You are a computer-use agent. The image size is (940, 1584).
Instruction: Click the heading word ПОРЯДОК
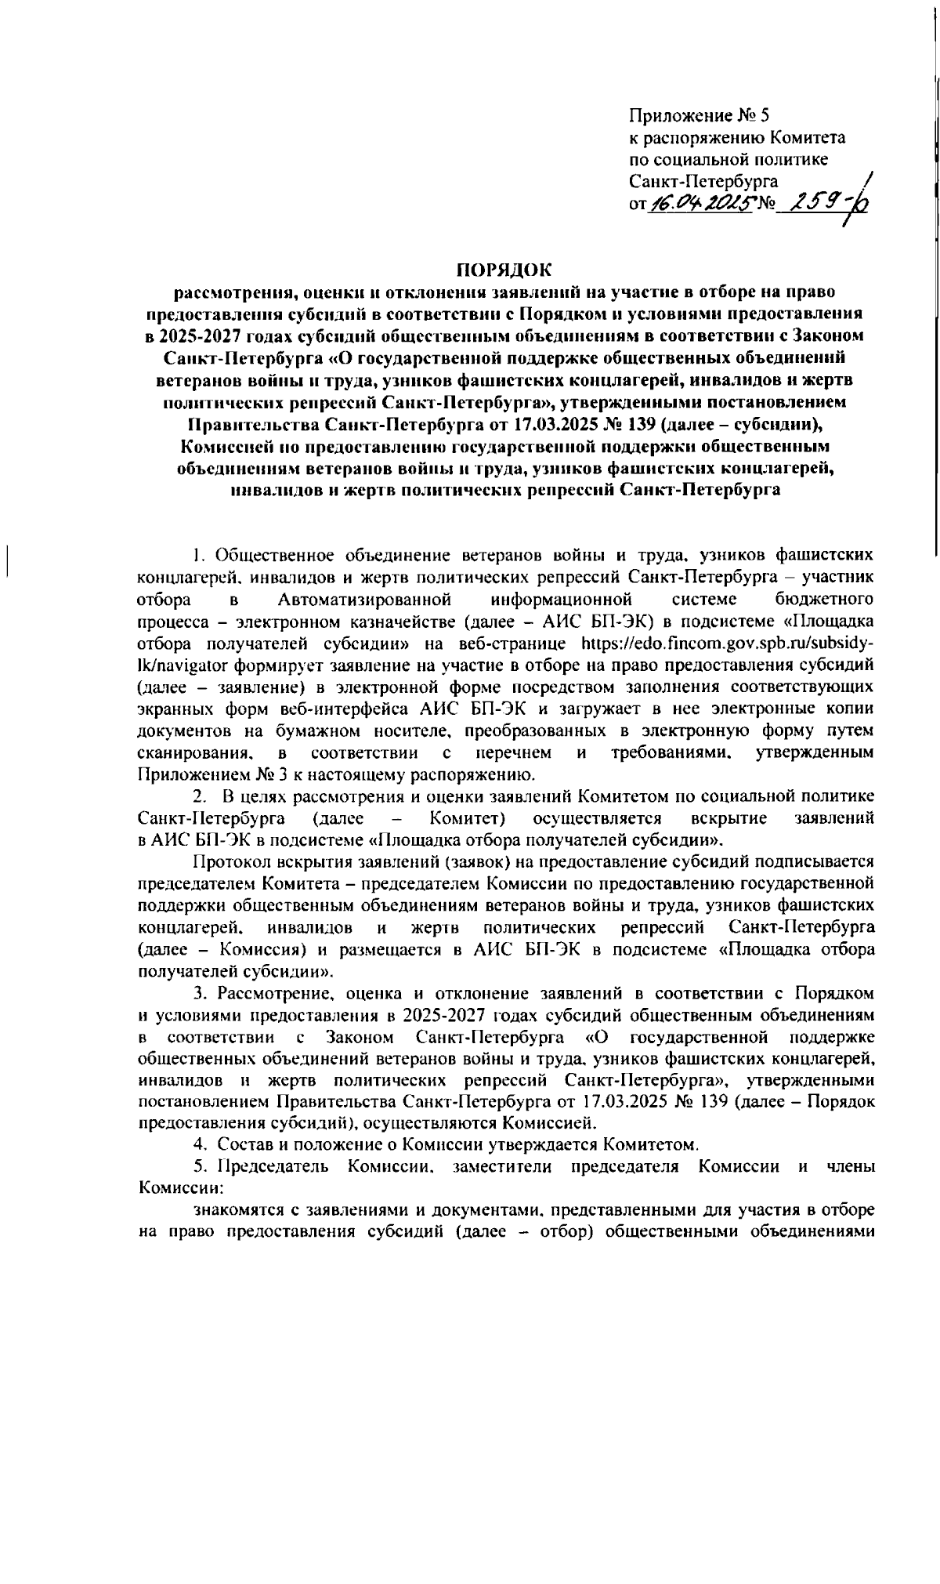pos(504,270)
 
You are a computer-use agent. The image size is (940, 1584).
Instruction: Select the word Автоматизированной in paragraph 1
pos(365,600)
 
